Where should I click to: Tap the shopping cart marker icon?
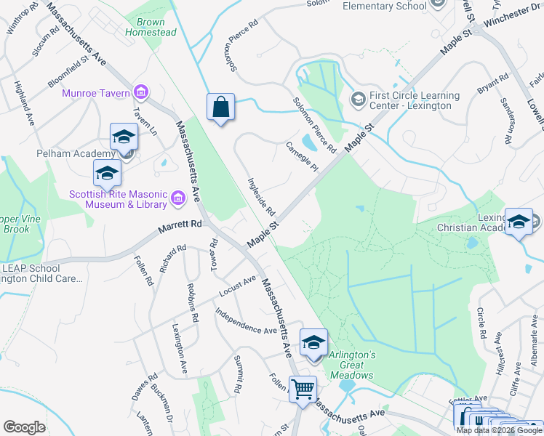pos(303,388)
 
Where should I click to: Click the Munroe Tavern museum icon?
pos(141,92)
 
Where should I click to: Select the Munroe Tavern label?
pos(95,93)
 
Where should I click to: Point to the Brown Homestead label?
pos(151,27)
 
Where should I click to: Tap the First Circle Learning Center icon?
pos(358,98)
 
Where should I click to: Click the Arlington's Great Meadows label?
pos(353,365)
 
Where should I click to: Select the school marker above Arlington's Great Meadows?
pos(313,343)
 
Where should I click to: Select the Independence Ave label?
pos(246,320)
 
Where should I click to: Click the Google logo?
pos(24,427)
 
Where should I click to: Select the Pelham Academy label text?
pos(76,153)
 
